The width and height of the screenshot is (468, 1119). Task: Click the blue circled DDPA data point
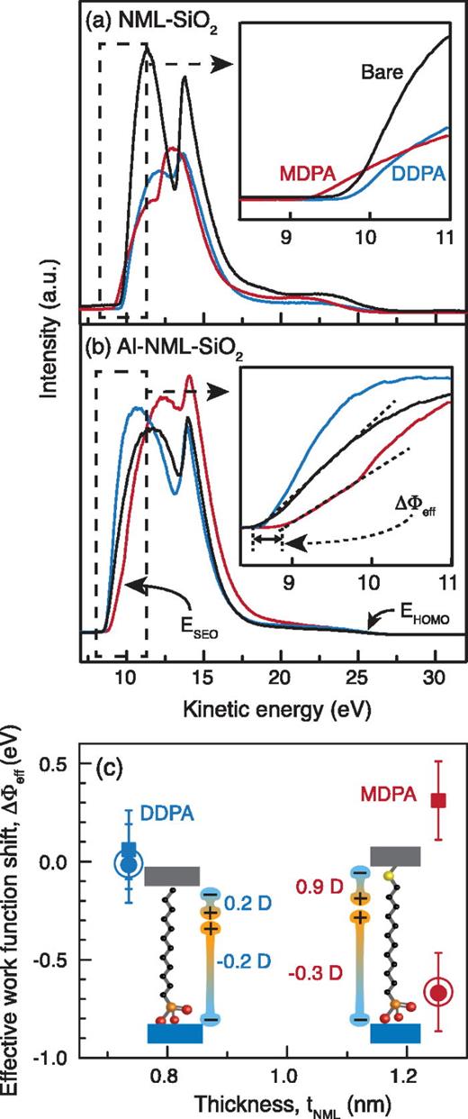click(128, 863)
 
